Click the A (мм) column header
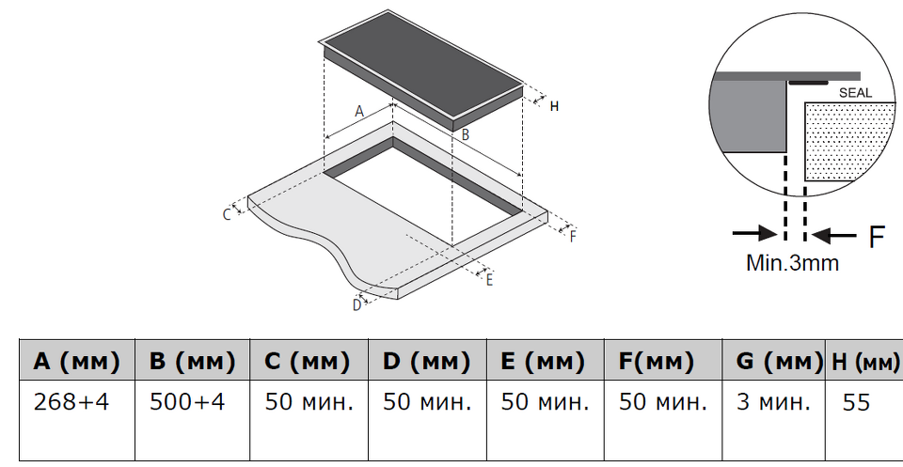77,361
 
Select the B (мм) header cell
194,361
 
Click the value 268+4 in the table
71,402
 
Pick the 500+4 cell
187,402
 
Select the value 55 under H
857,402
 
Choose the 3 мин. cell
772,402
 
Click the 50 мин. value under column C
309,402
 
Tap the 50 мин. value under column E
545,402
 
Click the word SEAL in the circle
855,93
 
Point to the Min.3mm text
792,263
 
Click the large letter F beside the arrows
877,236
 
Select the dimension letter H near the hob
554,106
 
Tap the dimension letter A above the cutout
358,111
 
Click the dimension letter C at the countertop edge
227,214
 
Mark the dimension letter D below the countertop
356,304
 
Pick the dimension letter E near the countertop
489,279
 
